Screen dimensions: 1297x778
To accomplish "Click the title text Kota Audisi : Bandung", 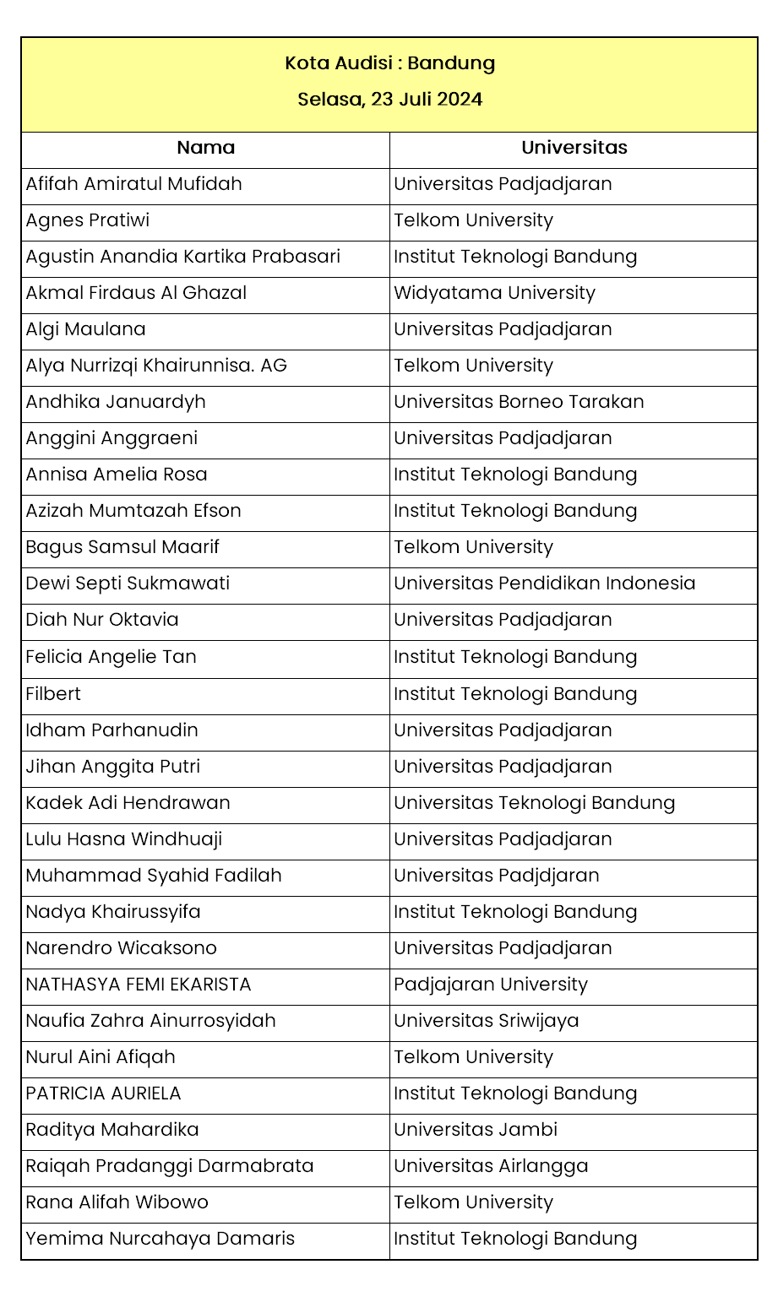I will pos(389,63).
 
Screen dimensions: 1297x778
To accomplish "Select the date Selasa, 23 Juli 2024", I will pos(389,100).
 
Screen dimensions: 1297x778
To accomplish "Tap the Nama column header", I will pos(205,148).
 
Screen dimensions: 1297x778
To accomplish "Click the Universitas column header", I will pos(574,148).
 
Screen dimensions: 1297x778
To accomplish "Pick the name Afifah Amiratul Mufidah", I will pos(133,184).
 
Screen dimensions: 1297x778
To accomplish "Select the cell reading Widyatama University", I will pos(494,293).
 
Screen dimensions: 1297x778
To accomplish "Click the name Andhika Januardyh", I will pos(116,402).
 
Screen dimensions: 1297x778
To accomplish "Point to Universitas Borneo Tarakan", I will pos(519,402).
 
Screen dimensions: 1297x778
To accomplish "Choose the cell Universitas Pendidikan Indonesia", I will pos(544,583).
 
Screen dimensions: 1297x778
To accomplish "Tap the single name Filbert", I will pos(53,694).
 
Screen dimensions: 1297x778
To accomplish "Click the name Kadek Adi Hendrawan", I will pos(128,803).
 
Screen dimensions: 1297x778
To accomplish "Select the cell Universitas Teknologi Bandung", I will pos(534,803).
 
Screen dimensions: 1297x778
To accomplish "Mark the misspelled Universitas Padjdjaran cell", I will pos(496,876).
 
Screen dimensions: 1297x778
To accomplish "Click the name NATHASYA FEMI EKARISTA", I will pos(139,985).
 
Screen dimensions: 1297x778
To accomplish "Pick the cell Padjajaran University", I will pos(490,985).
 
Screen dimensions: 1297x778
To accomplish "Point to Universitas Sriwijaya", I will pos(486,1021).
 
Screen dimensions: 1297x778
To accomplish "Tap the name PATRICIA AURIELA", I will pos(103,1093).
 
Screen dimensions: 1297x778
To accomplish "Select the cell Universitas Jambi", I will pos(476,1130).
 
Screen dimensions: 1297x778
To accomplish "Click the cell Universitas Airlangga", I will pos(491,1166).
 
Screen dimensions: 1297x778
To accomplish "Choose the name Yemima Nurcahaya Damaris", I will pos(160,1239).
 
